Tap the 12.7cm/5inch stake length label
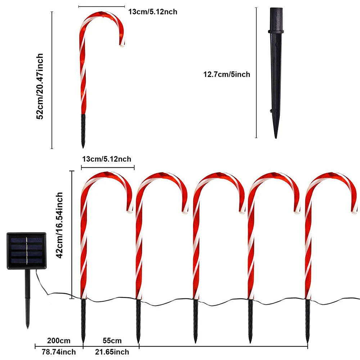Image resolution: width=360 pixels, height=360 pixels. coord(226,75)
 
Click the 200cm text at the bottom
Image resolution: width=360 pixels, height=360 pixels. coord(59,341)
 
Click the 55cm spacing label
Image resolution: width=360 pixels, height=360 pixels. coord(112,341)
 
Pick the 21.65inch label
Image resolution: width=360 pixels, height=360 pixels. coord(112,352)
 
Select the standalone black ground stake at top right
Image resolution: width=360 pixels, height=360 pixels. coord(276,72)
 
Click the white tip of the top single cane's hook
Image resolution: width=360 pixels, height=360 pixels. coord(122,45)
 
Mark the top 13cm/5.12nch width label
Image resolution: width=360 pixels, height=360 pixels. coord(153,12)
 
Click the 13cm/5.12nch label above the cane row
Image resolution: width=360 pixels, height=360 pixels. coord(107,159)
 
